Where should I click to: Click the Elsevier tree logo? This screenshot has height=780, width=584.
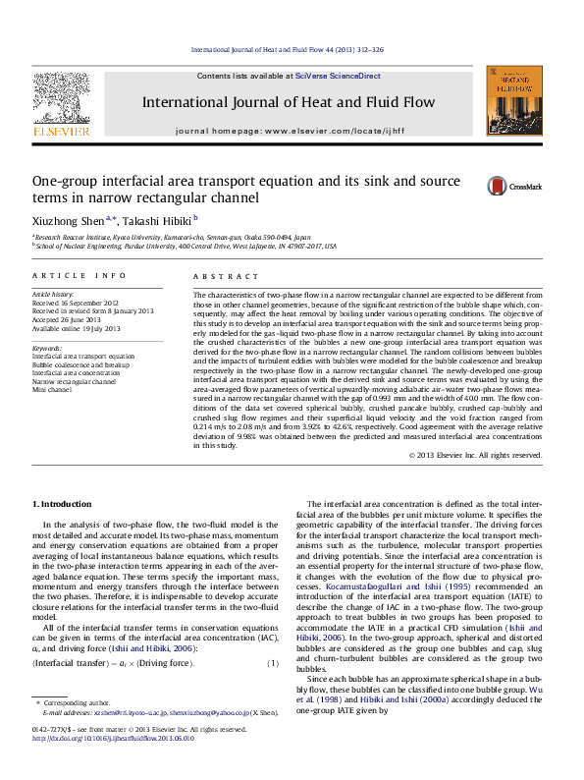click(x=61, y=98)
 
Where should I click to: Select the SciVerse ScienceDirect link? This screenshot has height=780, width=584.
click(x=332, y=76)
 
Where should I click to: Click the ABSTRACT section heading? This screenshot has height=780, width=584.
click(x=217, y=278)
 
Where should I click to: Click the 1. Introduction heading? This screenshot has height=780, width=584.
click(x=63, y=504)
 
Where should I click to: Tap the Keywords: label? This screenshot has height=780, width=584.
click(x=48, y=348)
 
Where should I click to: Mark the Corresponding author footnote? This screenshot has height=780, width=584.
click(x=75, y=731)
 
